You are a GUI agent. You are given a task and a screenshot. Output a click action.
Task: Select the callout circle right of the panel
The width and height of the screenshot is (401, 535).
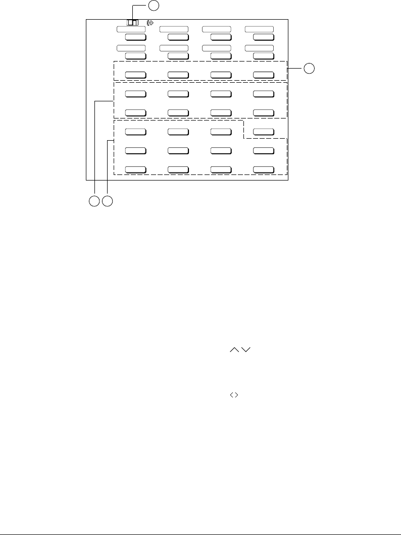pos(309,68)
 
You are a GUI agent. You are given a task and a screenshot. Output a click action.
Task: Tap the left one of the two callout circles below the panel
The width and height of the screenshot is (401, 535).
pos(93,201)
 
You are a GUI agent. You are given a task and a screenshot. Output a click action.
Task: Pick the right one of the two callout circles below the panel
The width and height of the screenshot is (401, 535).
pos(107,201)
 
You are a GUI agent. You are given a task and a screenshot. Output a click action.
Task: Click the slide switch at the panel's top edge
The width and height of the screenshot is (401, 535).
pos(133,22)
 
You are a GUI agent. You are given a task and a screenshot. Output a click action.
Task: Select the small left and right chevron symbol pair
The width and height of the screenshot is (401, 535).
pos(234,396)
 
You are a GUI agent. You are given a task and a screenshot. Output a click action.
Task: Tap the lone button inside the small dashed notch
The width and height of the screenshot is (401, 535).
pos(263,132)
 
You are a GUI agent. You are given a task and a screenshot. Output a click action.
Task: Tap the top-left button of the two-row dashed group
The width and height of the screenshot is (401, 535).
pos(135,93)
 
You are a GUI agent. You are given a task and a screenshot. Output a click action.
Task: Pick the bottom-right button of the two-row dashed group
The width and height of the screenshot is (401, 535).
pos(263,112)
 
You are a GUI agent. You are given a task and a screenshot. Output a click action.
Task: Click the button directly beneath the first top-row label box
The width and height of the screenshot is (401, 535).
pos(135,37)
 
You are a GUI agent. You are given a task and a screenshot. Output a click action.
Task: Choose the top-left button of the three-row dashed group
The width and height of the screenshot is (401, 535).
pos(135,132)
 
